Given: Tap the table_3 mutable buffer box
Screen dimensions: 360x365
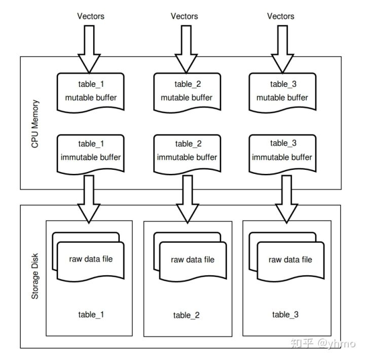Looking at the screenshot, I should [282, 91].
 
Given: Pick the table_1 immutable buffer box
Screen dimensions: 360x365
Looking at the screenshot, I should [91, 151].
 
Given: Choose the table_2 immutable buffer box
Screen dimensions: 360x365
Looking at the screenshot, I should [187, 151].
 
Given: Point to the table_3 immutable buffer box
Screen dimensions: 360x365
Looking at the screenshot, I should [282, 151].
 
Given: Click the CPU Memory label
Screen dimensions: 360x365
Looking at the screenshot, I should [35, 124].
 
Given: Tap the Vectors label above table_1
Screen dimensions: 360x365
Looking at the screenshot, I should [91, 16].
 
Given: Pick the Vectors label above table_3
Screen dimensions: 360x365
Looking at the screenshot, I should [280, 16].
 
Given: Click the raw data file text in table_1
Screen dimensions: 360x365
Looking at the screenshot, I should [91, 259].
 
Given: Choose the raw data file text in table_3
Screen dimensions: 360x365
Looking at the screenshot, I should [290, 260].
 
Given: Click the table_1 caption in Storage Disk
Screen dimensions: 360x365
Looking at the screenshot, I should [91, 315].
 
